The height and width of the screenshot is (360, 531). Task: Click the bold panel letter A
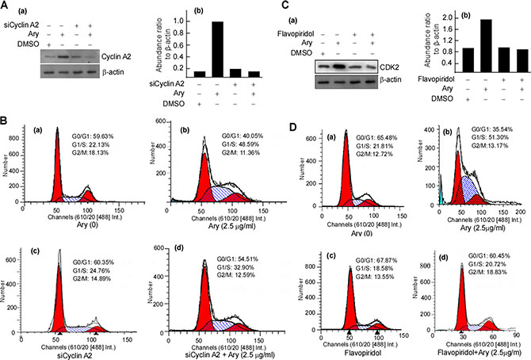(x=6, y=6)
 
